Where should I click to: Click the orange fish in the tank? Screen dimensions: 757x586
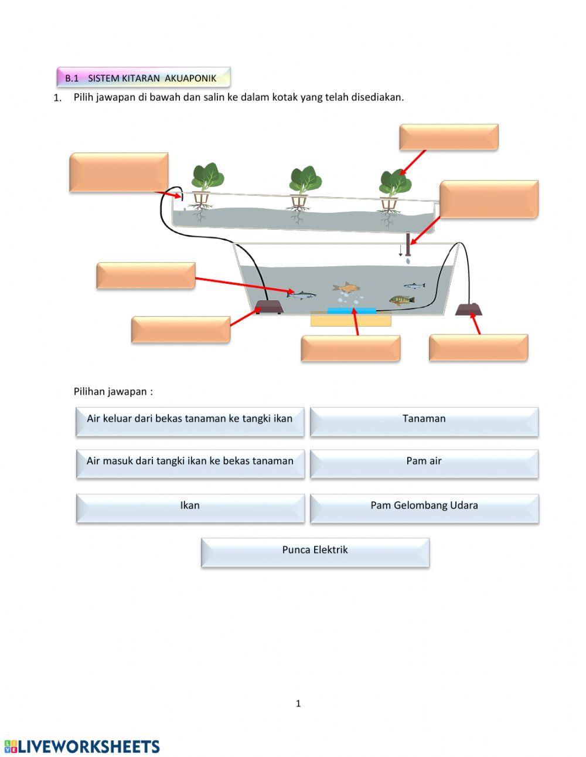click(346, 287)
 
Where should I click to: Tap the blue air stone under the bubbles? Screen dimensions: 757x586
click(352, 310)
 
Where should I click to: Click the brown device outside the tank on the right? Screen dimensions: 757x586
click(469, 309)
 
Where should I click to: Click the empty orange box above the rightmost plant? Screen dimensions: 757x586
click(448, 137)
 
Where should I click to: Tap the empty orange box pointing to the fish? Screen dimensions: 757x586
click(145, 275)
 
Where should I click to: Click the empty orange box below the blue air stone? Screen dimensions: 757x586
click(350, 348)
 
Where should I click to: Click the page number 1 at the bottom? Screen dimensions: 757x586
click(298, 704)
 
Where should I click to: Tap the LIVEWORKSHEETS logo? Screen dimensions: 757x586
click(82, 746)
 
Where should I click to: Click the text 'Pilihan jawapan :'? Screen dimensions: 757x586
click(113, 392)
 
